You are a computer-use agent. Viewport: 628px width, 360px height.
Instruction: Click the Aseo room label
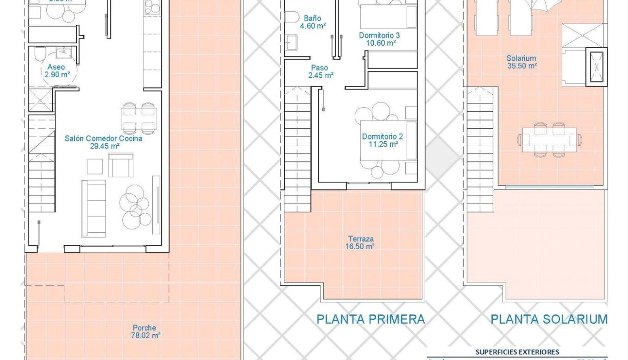tap(56, 68)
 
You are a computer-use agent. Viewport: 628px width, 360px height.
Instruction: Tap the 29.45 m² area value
tap(105, 146)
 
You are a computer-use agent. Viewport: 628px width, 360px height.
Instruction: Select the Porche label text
tap(144, 328)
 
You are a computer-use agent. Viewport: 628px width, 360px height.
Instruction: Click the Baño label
tap(312, 19)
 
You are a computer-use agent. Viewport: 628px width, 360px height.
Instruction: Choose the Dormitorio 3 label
tap(379, 35)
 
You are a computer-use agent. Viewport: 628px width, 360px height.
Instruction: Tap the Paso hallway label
tap(319, 68)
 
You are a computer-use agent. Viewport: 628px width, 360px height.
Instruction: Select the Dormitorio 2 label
tap(382, 137)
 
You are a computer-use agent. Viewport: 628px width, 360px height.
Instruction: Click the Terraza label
tap(360, 239)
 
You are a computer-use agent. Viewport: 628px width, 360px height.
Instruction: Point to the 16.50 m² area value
tap(360, 246)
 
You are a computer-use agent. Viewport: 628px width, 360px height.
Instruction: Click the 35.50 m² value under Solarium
tap(521, 66)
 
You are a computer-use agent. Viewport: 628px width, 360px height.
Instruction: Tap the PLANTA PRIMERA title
tap(370, 319)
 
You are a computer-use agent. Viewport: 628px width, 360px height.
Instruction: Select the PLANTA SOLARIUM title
tap(549, 319)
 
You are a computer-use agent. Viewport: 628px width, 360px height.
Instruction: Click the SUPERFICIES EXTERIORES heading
tap(517, 352)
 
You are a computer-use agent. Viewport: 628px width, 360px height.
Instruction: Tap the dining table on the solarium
tap(549, 140)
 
